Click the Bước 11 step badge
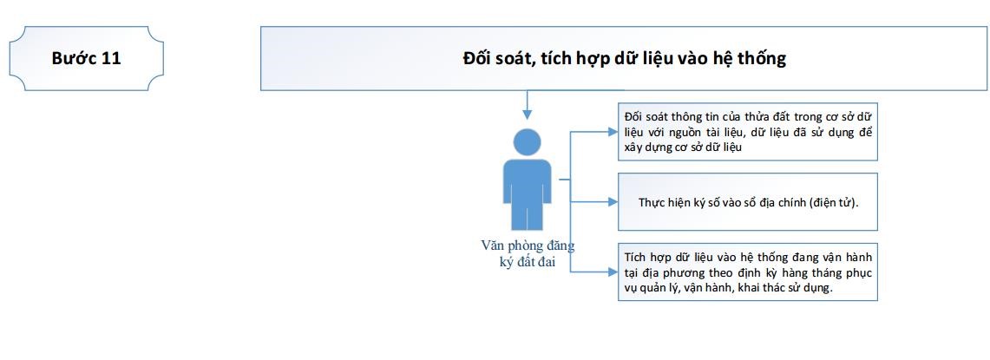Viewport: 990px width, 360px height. [87, 58]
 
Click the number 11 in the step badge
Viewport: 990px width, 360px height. [110, 58]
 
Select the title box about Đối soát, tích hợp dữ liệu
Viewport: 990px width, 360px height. [624, 58]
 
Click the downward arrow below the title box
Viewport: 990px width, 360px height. [528, 105]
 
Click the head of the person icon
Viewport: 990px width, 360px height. [528, 142]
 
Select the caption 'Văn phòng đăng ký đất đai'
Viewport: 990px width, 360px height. [528, 254]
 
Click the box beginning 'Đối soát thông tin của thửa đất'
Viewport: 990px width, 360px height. [748, 131]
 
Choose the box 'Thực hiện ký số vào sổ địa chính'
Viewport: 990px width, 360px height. [748, 201]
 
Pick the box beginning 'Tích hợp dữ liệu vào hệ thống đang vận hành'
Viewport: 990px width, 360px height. [748, 272]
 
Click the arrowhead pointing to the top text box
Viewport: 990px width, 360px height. [613, 132]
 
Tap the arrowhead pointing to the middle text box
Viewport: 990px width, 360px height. [613, 202]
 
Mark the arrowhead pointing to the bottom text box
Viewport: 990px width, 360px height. [613, 272]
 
